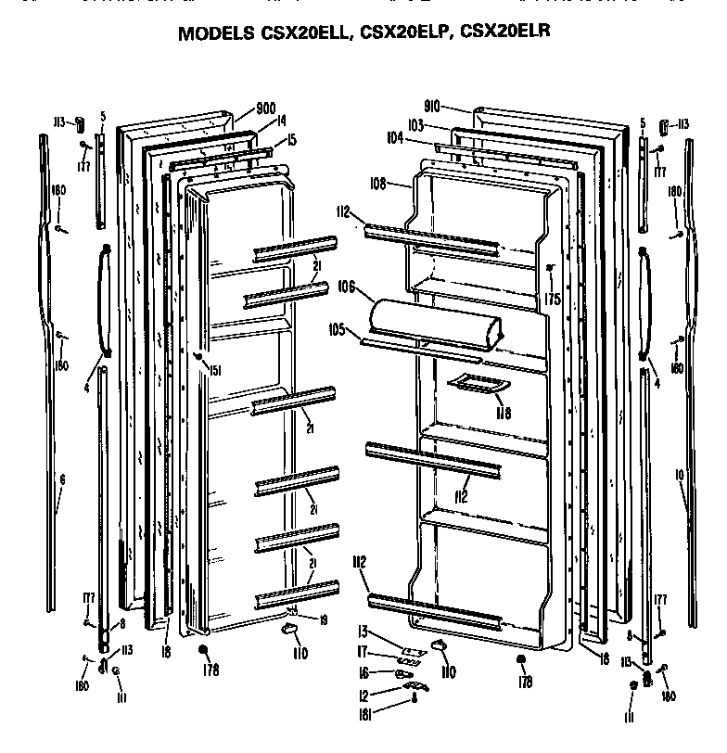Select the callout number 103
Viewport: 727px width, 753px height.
click(x=415, y=124)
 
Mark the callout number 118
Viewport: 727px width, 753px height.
click(x=502, y=413)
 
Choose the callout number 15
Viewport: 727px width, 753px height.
click(x=291, y=140)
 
